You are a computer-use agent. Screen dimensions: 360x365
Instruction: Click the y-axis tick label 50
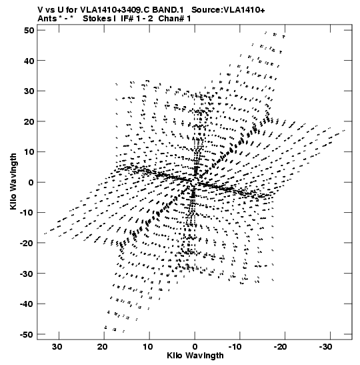point(29,30)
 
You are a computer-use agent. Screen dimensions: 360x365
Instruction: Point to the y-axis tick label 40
point(29,61)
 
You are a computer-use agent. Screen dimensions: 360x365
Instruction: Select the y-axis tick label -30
point(27,274)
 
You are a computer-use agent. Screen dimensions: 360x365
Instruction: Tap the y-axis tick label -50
point(27,334)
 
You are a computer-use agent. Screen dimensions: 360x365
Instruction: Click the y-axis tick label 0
point(31,183)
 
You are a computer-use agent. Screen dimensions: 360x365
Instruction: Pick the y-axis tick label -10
point(27,213)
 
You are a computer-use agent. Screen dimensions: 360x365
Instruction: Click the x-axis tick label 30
point(57,347)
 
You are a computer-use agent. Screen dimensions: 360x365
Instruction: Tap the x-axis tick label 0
point(195,347)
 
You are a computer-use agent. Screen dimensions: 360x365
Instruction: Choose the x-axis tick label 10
point(147,347)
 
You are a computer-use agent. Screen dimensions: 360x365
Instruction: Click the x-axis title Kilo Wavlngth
point(195,356)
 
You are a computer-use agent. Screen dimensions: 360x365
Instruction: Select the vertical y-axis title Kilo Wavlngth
point(13,181)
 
